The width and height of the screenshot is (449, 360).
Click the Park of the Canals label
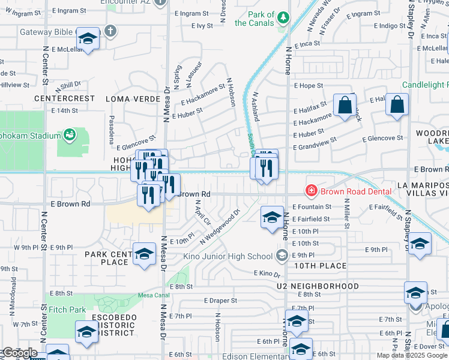coord(255,19)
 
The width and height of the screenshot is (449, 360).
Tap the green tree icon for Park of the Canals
coord(282,19)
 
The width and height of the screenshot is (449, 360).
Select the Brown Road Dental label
coord(356,191)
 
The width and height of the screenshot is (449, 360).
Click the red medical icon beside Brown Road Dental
coord(312,191)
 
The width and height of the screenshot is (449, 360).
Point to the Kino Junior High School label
coord(238,257)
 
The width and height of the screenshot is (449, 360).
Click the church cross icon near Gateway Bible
coord(109,30)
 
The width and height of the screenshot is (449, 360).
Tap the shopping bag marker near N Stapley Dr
coord(397,106)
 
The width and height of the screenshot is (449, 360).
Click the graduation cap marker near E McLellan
coord(88,40)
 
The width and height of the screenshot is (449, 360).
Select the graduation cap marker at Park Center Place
coord(144,255)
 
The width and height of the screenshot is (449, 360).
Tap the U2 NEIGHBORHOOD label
coord(318,286)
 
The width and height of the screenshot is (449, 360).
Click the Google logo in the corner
coord(19,353)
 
